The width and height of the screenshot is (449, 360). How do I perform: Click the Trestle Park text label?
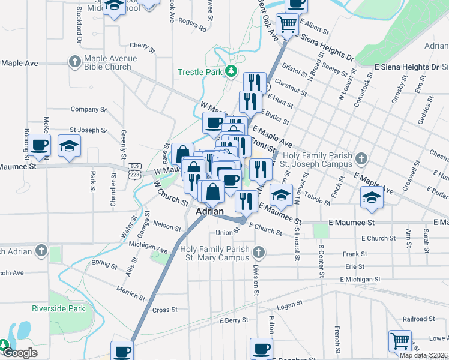pos(200,73)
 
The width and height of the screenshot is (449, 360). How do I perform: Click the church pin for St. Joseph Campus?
pos(360,159)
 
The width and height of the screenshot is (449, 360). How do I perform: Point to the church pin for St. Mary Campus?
pos(259,251)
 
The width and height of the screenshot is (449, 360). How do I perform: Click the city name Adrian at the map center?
pos(210,212)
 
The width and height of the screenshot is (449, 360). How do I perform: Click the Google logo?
pos(20,353)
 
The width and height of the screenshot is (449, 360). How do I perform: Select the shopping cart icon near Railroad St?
pos(400,341)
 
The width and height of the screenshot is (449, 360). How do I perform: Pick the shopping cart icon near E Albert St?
pos(288,25)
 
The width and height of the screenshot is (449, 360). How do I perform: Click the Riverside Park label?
pos(59,308)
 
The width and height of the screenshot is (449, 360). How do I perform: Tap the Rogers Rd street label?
pos(192,25)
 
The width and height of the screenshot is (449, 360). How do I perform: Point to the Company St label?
pos(88,109)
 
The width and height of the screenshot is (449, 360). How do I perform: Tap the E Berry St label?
pos(234,321)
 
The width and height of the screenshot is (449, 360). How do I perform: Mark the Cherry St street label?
pos(142,46)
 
